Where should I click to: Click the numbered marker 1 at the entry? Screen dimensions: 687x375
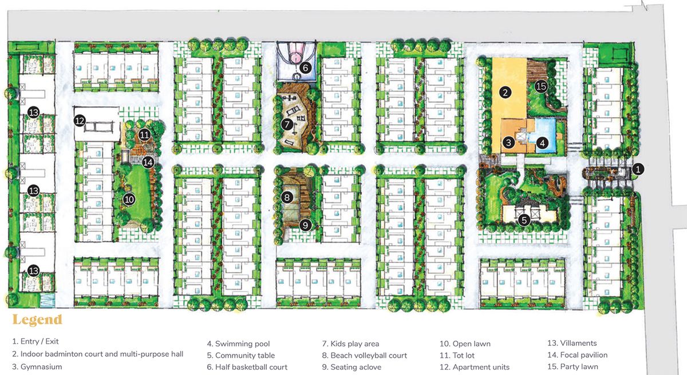[638, 169]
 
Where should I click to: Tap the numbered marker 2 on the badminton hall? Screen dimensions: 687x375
[505, 92]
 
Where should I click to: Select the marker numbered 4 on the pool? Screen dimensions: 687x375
[542, 143]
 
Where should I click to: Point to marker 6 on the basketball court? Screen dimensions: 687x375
[305, 67]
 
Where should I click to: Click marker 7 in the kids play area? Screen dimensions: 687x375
[287, 124]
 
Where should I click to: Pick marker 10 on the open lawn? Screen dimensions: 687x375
[129, 200]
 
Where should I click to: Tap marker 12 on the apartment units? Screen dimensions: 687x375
[80, 121]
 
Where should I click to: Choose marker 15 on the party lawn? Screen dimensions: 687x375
[541, 86]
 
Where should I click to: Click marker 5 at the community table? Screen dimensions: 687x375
[524, 220]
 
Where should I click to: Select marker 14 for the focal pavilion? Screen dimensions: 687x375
[148, 162]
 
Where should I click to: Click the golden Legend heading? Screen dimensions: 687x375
[37, 320]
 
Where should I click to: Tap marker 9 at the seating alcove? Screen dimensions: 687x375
[305, 225]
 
